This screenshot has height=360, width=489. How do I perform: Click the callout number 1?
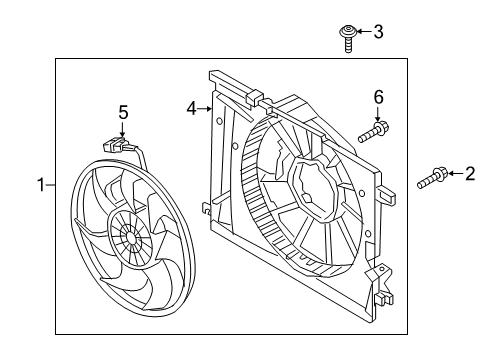[41, 184]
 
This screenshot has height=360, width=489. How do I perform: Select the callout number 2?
[469, 175]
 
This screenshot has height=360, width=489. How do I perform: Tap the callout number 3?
[377, 32]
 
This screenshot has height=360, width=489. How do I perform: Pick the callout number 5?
[123, 113]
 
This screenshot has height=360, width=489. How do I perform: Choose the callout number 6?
[378, 96]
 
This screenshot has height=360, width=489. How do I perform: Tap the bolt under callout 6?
[375, 131]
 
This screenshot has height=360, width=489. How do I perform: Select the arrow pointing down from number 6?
[378, 113]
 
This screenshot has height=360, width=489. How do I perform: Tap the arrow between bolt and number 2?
[452, 176]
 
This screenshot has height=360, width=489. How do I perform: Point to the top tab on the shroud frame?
[253, 97]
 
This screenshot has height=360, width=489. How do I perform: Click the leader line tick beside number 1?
[51, 184]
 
